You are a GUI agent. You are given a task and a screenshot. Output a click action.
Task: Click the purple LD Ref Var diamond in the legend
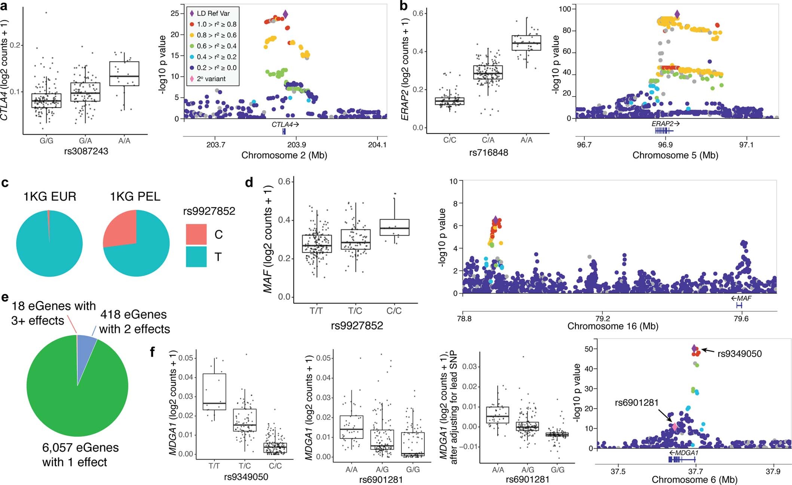coord(192,13)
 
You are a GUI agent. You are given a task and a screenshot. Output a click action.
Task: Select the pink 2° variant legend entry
coord(192,79)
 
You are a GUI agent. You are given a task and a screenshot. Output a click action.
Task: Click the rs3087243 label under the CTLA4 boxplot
coord(86,151)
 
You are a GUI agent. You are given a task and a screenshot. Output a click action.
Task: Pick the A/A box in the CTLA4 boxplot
coord(124,74)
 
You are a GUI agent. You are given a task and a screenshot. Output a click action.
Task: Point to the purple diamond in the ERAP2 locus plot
coord(677,15)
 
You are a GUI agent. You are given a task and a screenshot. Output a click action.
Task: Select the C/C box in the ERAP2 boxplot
coord(449,101)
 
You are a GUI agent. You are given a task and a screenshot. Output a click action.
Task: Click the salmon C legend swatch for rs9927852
coord(196,234)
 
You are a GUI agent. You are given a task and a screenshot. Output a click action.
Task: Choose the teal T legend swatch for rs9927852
coord(196,257)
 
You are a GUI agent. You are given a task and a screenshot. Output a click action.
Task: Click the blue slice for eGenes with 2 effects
coord(86,344)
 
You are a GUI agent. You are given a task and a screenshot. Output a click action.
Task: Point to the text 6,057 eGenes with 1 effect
coord(80,455)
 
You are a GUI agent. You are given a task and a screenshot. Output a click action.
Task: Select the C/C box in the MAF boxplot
coord(394,227)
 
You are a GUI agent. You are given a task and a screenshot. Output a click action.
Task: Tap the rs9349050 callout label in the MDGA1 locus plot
coord(739,354)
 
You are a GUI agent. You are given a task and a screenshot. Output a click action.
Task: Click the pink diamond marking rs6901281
coord(675,427)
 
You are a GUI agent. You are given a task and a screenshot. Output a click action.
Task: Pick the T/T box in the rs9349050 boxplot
coord(214,392)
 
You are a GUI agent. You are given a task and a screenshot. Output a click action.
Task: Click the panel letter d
coord(249,182)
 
